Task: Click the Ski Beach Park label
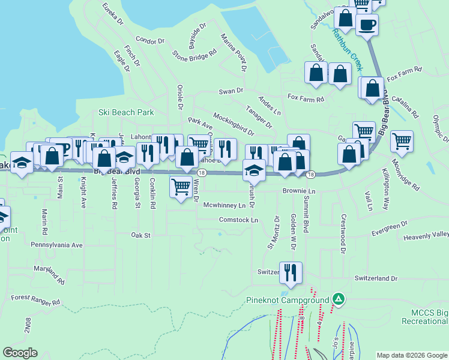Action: [x=126, y=112]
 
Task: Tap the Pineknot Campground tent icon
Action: [x=338, y=299]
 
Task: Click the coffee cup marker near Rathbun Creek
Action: [x=367, y=26]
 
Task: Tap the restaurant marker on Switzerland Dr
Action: [x=291, y=273]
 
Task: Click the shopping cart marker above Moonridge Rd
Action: [x=402, y=142]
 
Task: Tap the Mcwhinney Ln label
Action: [x=224, y=205]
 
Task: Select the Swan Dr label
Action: [x=231, y=91]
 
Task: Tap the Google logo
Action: [x=20, y=353]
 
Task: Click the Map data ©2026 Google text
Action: [x=411, y=355]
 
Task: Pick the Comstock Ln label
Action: [x=238, y=220]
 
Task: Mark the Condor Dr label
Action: [x=149, y=41]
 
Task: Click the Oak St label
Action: [x=140, y=236]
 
